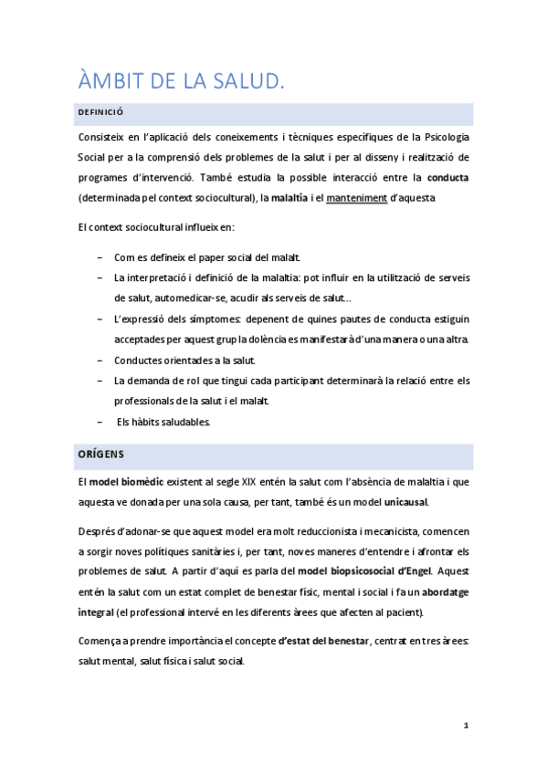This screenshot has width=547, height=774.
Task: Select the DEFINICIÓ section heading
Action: (x=101, y=113)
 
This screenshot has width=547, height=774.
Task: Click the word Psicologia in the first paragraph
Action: (x=444, y=137)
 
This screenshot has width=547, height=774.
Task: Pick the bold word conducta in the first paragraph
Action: (x=449, y=177)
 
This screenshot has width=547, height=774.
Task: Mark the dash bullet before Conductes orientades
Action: (x=99, y=361)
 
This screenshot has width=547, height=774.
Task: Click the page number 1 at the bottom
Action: (x=466, y=727)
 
